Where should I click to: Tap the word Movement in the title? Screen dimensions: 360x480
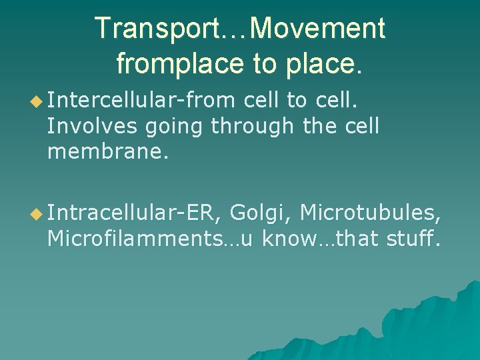point(320,29)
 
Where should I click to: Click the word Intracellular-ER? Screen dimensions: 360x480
point(133,213)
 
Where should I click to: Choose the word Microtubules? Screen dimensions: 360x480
point(370,213)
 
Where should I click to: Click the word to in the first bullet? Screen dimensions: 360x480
point(295,101)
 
